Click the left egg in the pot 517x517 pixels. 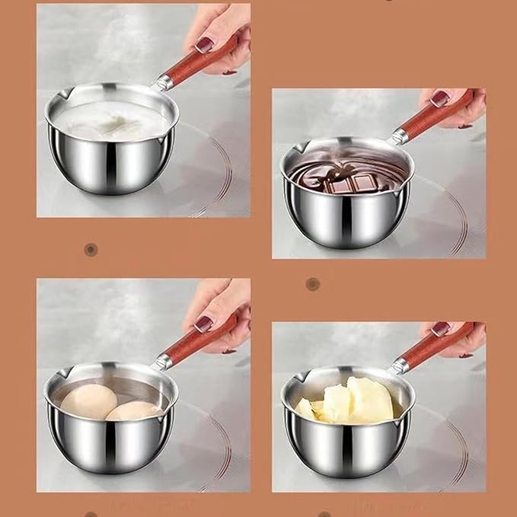pyautogui.click(x=88, y=401)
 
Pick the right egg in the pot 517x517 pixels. pyautogui.click(x=134, y=411)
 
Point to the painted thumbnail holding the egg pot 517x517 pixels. pyautogui.click(x=203, y=323)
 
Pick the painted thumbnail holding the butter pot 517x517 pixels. pyautogui.click(x=439, y=330)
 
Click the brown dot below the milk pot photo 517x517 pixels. pyautogui.click(x=91, y=250)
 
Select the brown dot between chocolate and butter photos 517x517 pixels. pyautogui.click(x=312, y=284)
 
